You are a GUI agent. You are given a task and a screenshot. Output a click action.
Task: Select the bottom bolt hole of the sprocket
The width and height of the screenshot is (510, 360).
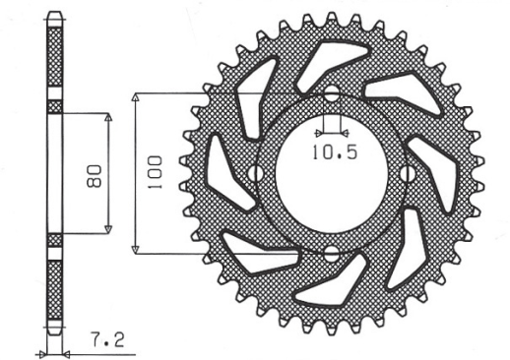point(331,254)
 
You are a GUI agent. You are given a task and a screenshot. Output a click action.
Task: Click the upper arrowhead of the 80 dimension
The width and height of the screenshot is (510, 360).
point(109,116)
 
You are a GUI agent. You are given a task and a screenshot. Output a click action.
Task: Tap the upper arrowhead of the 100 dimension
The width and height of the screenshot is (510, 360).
point(137,98)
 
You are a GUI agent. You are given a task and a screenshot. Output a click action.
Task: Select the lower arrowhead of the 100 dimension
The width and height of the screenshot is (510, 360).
point(137,248)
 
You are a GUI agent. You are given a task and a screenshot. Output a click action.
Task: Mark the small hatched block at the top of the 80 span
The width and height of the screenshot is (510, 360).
point(54,106)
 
